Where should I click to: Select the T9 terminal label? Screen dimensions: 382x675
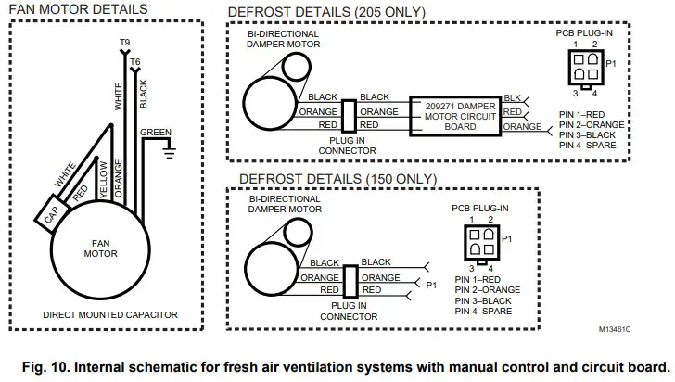coord(124,44)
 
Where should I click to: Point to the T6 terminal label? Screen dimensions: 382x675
coord(135,60)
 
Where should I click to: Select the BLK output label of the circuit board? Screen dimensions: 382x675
coord(512,98)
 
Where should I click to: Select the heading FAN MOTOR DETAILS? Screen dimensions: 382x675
coord(77,9)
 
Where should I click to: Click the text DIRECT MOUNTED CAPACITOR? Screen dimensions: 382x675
coord(110,314)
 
